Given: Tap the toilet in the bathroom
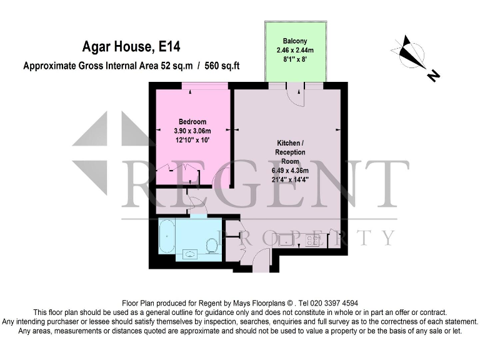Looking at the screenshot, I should pyautogui.click(x=212, y=244).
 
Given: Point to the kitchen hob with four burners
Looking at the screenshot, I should pyautogui.click(x=314, y=239).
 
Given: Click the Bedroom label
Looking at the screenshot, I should pyautogui.click(x=192, y=121).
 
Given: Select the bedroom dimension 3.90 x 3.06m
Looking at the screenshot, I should pyautogui.click(x=192, y=131).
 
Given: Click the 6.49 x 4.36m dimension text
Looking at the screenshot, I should pyautogui.click(x=290, y=171).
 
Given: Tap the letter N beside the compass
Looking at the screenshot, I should pyautogui.click(x=433, y=76).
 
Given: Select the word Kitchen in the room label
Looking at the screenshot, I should pyautogui.click(x=287, y=142).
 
